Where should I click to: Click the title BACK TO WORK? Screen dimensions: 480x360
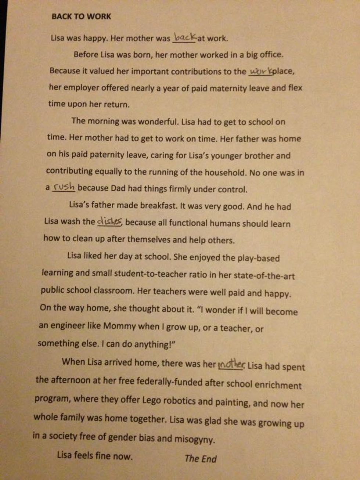click(81, 16)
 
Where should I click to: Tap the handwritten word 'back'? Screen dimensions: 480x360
click(184, 37)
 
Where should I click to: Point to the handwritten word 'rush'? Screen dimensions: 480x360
click(64, 187)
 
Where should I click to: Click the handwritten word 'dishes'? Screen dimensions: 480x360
click(109, 221)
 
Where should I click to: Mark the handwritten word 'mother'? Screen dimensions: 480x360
click(231, 365)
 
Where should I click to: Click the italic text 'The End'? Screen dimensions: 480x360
click(201, 458)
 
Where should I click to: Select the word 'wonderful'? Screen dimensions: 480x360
click(151, 122)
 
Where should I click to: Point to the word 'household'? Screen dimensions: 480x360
click(224, 172)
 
